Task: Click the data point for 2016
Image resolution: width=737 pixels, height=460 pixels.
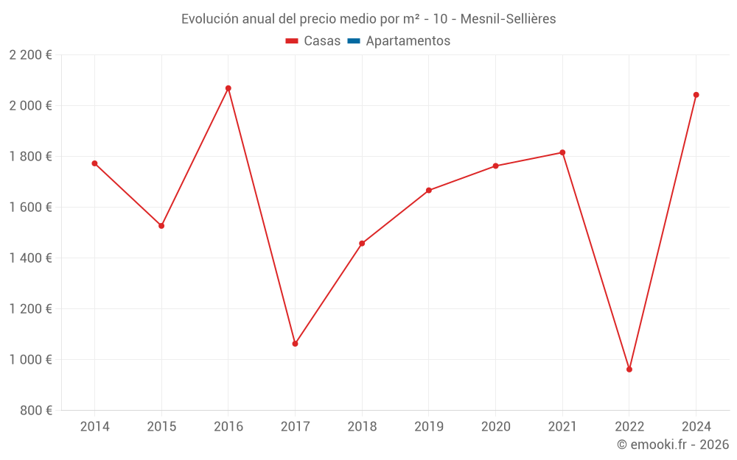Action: point(228,88)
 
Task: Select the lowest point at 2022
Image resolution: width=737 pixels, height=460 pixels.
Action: point(629,369)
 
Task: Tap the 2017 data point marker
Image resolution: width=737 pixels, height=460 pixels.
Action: point(295,344)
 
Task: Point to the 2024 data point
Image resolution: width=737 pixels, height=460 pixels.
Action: point(696,95)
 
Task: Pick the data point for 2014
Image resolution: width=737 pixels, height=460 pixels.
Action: point(94,163)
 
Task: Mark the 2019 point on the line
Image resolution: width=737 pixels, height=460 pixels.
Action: point(429,191)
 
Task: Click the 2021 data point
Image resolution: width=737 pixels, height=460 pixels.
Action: point(562,152)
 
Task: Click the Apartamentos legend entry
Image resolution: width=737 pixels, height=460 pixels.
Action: point(408,41)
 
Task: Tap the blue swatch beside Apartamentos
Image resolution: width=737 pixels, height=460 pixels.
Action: point(353,41)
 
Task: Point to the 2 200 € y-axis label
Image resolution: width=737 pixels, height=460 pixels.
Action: point(30,55)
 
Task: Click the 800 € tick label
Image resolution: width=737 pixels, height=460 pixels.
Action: point(37,411)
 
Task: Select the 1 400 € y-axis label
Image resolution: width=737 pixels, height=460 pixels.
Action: point(30,258)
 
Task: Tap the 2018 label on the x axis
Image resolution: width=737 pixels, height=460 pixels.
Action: point(362,427)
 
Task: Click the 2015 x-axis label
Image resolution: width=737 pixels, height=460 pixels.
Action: point(161,427)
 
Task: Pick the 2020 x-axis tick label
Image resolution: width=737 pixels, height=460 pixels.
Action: point(495,427)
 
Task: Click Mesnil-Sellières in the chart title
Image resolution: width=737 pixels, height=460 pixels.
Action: point(508,19)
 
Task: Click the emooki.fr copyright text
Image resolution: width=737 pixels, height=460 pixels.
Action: point(673,445)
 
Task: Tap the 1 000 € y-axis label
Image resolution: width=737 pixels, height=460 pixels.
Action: point(30,360)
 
